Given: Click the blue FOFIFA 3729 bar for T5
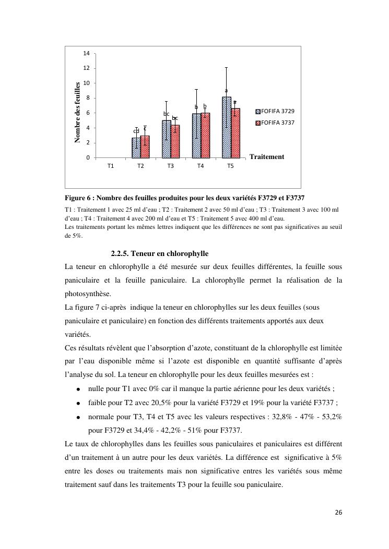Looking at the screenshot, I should [x=226, y=127].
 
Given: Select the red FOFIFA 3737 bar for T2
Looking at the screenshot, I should [x=145, y=147].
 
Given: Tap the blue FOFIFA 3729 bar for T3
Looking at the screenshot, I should [x=166, y=139].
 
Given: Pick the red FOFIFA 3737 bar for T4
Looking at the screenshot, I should [x=205, y=136].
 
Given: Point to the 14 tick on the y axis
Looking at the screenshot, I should [x=86, y=53].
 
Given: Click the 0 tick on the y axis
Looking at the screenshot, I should [x=88, y=157].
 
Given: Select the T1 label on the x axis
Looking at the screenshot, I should [x=111, y=166].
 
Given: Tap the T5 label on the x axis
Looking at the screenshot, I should [x=231, y=166].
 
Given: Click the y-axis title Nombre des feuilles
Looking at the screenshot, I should [x=77, y=112].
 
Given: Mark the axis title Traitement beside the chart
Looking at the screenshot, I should [x=267, y=156].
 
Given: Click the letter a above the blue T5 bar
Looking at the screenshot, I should [x=226, y=91].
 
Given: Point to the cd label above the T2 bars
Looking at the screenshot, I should [x=136, y=131].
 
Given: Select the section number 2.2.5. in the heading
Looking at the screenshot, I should [x=120, y=253].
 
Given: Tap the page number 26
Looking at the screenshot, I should [x=338, y=513].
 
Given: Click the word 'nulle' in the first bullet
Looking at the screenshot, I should [x=96, y=389].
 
